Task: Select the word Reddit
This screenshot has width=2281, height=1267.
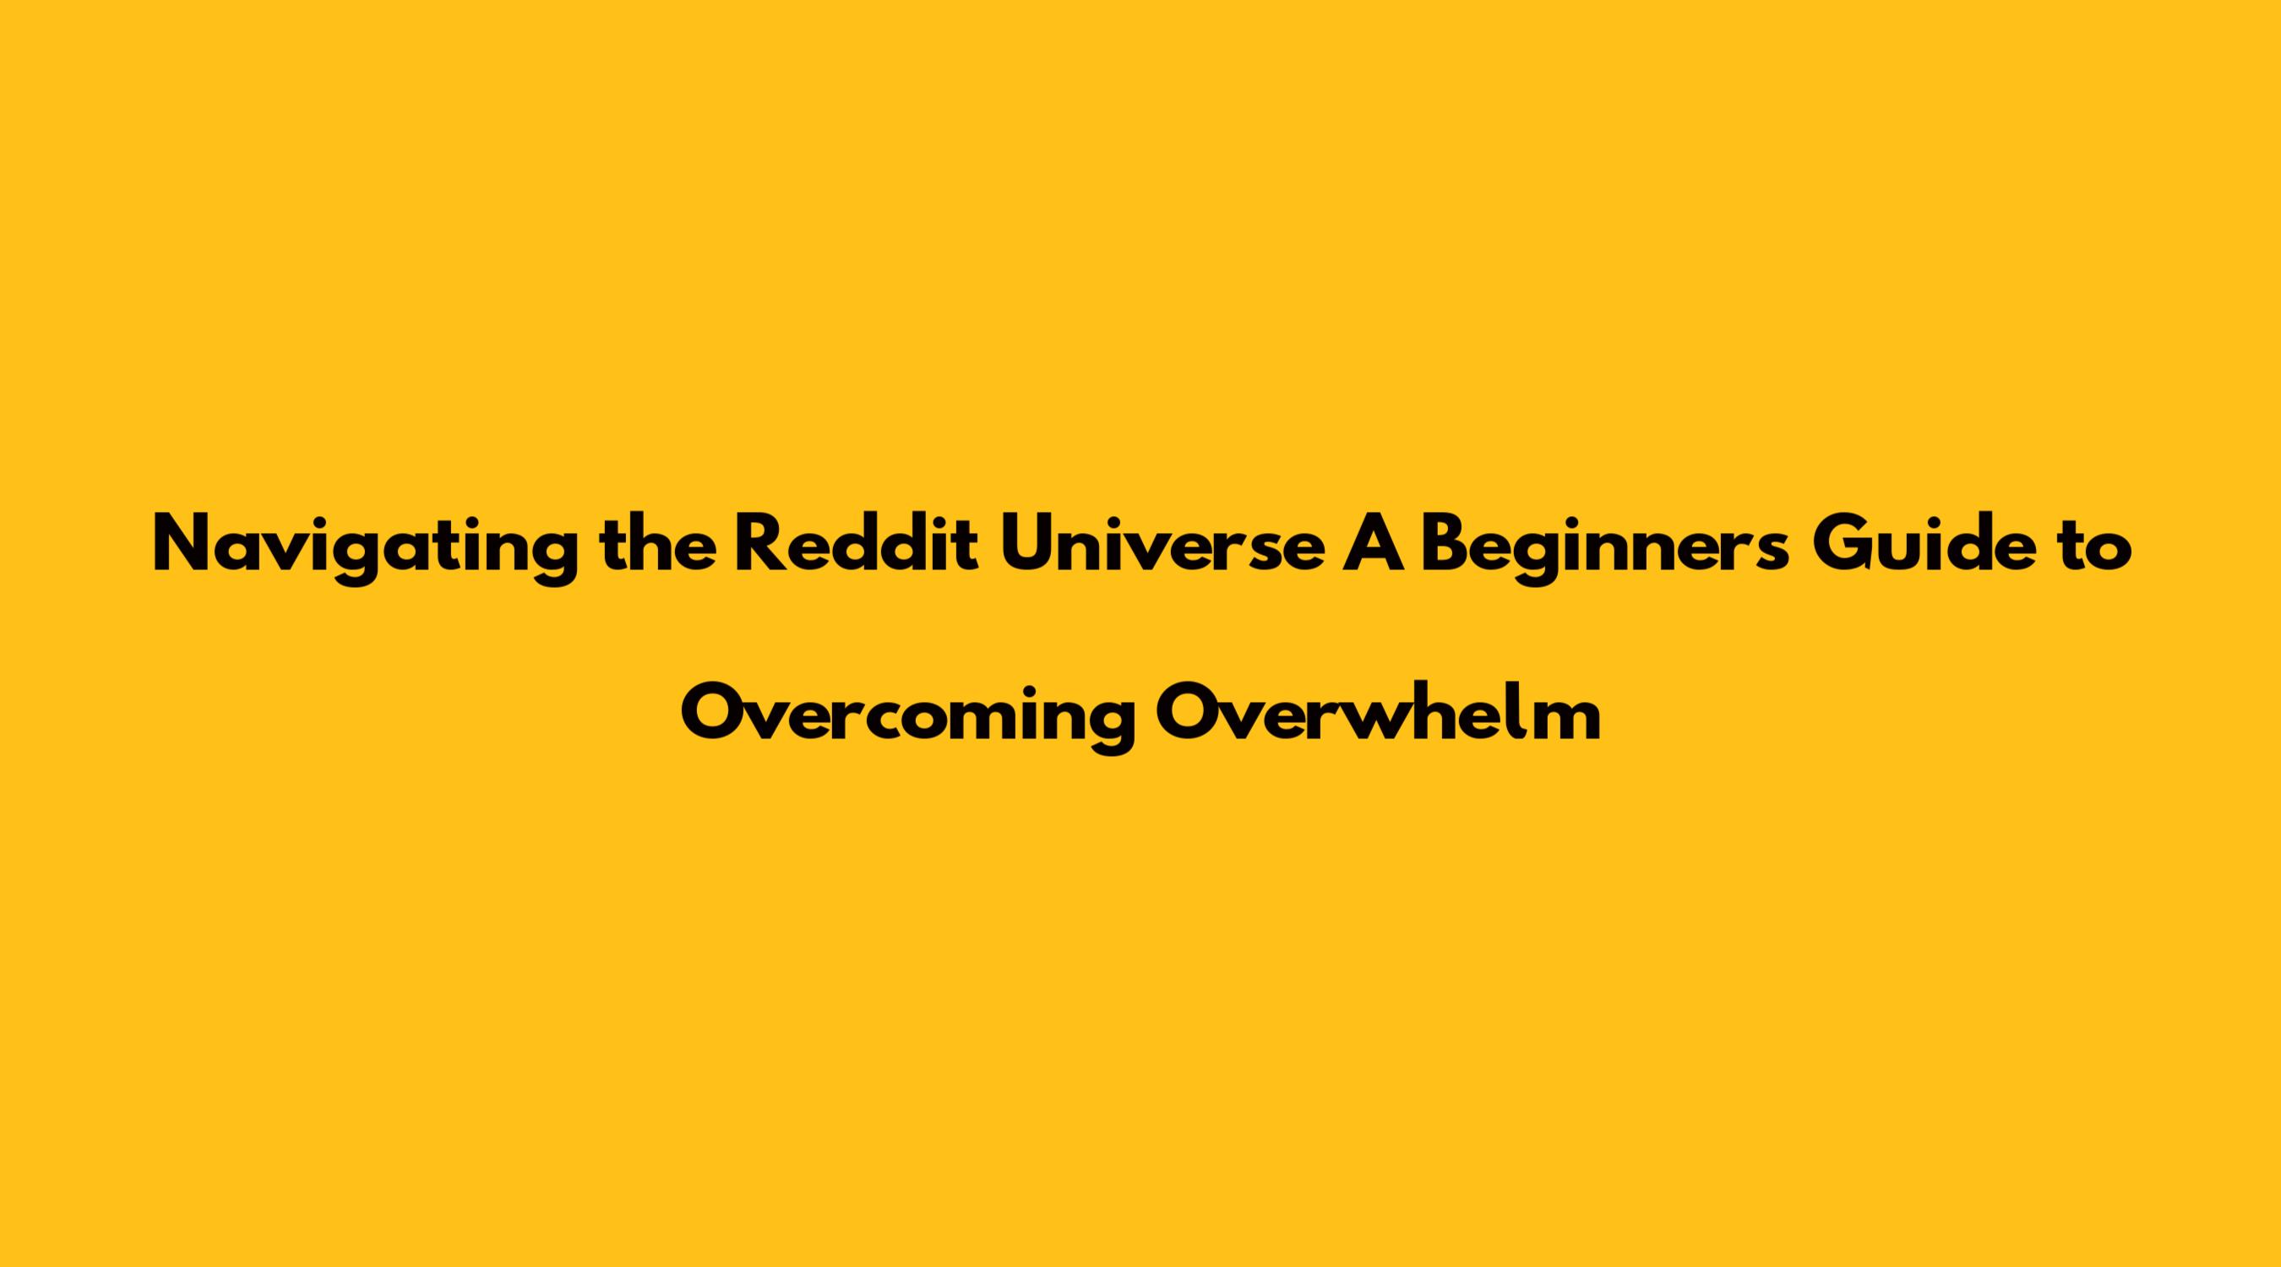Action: (857, 544)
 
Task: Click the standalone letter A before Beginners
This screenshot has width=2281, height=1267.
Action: (1373, 544)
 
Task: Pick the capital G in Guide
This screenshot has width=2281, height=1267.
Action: (1841, 544)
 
